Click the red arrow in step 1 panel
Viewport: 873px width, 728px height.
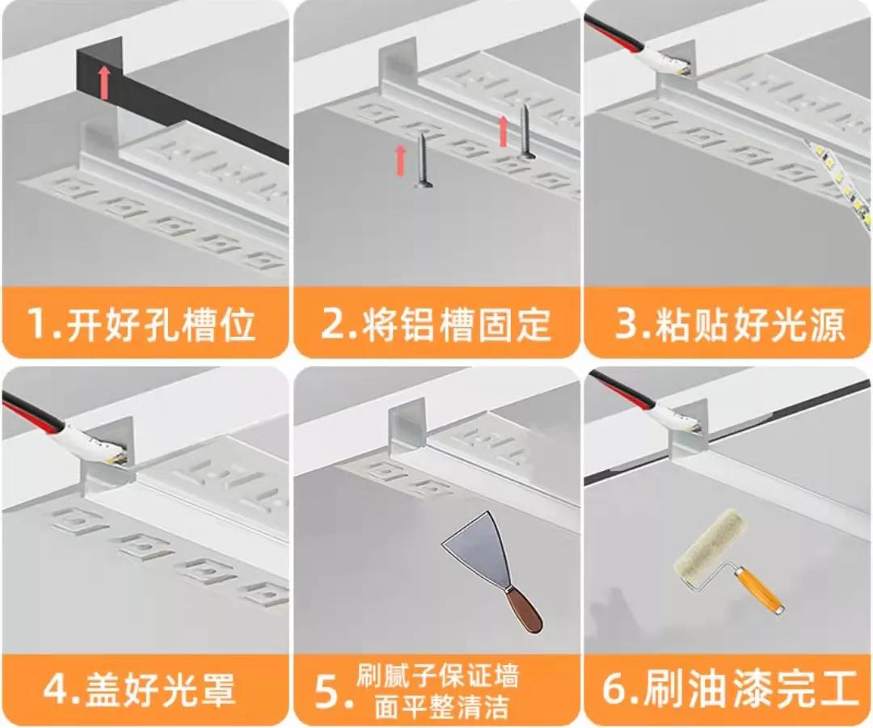pos(104,83)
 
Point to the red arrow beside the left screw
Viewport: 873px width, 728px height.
pos(400,160)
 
